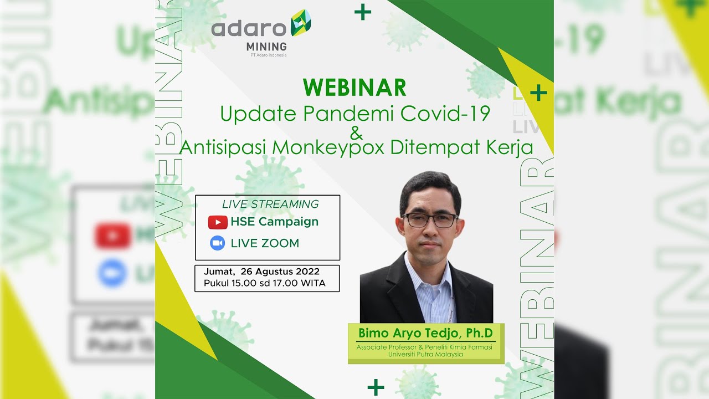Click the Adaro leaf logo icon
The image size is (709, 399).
[300, 27]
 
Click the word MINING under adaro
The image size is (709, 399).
[266, 47]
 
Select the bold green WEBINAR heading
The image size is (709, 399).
[354, 88]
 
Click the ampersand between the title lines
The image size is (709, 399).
[356, 133]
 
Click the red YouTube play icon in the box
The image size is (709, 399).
[218, 222]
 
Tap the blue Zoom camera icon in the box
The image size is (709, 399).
[218, 243]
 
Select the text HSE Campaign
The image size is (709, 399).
[274, 222]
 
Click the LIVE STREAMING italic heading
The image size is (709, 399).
[270, 204]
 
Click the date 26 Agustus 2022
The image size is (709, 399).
[280, 272]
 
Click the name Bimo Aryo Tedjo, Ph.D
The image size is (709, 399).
[426, 333]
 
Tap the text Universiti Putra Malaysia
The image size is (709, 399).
[425, 354]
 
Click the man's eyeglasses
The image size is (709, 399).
[430, 221]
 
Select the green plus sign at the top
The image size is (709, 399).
[363, 12]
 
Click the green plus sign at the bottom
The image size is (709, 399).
[376, 387]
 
